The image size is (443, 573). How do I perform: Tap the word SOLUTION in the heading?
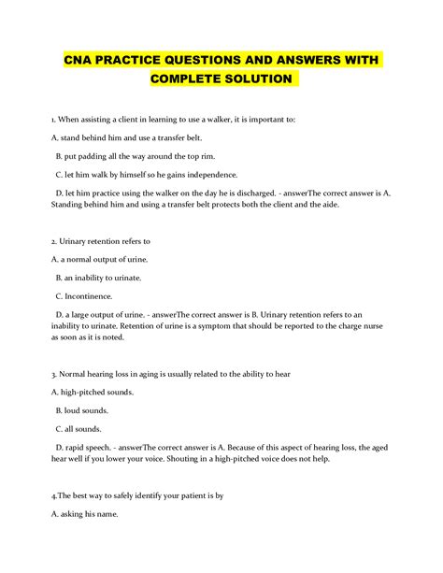coord(257,79)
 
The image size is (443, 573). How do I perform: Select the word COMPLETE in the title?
coord(183,79)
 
